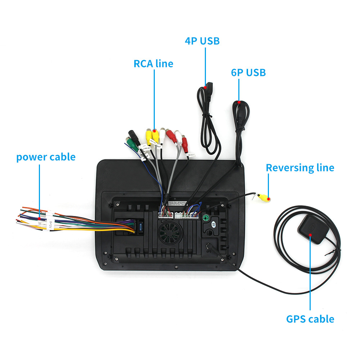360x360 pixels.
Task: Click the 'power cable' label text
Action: click(46, 157)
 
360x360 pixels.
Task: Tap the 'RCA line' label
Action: click(153, 64)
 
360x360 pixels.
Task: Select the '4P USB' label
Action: click(202, 41)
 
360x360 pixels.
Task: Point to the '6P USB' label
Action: click(248, 72)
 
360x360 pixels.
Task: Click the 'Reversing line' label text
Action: click(300, 168)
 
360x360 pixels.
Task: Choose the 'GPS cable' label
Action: click(310, 319)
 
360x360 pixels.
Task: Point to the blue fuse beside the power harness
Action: click(140, 228)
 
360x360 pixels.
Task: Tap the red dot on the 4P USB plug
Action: click(206, 87)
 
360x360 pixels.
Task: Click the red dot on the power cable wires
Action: click(39, 217)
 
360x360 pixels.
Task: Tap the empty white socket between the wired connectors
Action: click(179, 215)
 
